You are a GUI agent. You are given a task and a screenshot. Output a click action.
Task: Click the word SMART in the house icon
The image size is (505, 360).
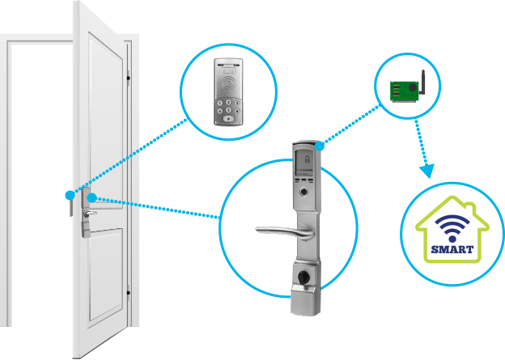point(448,239)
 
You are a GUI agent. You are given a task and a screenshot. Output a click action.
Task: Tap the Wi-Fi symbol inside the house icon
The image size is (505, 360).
point(448,221)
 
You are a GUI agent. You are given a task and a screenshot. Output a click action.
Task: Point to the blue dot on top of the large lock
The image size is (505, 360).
point(321,146)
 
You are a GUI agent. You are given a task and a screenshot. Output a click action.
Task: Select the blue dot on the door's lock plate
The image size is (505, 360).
point(91,197)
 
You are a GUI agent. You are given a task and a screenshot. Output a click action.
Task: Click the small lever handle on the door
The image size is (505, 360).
point(90,214)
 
